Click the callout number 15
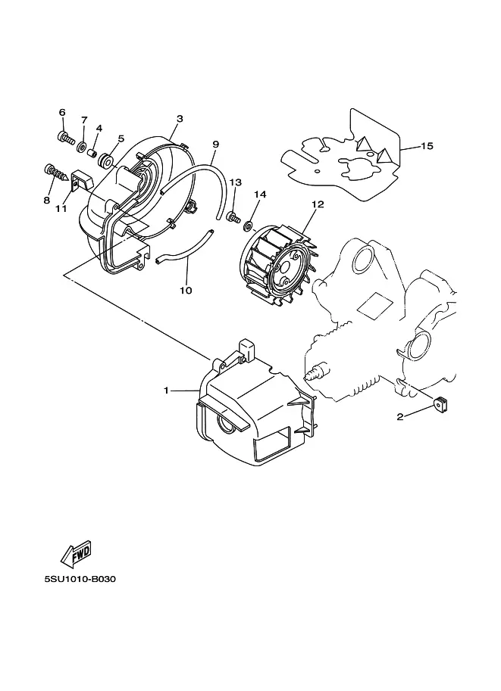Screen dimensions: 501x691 [x=427, y=145]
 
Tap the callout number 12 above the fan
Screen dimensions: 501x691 [x=318, y=204]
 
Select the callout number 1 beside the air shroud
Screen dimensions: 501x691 [x=167, y=391]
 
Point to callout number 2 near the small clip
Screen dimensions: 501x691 [x=400, y=416]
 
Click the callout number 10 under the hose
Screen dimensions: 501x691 [x=186, y=290]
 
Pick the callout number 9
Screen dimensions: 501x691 [x=216, y=144]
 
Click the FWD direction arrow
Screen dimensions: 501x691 [x=77, y=553]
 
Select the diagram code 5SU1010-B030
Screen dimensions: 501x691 [x=80, y=579]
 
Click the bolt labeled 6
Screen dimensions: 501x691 [x=64, y=138]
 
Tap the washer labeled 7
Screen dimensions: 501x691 [x=82, y=147]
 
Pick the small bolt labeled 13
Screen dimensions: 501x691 [x=233, y=216]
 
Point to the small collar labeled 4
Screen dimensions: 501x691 [x=92, y=154]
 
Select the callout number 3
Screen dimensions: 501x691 [x=180, y=119]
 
